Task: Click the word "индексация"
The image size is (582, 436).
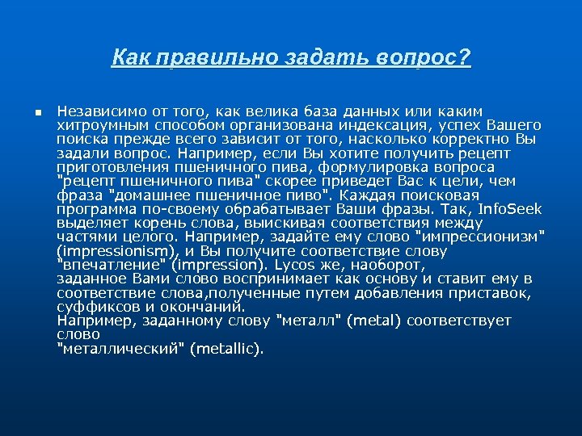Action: (390, 125)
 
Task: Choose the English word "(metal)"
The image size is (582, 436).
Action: (373, 321)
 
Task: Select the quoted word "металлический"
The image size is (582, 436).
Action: (122, 349)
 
